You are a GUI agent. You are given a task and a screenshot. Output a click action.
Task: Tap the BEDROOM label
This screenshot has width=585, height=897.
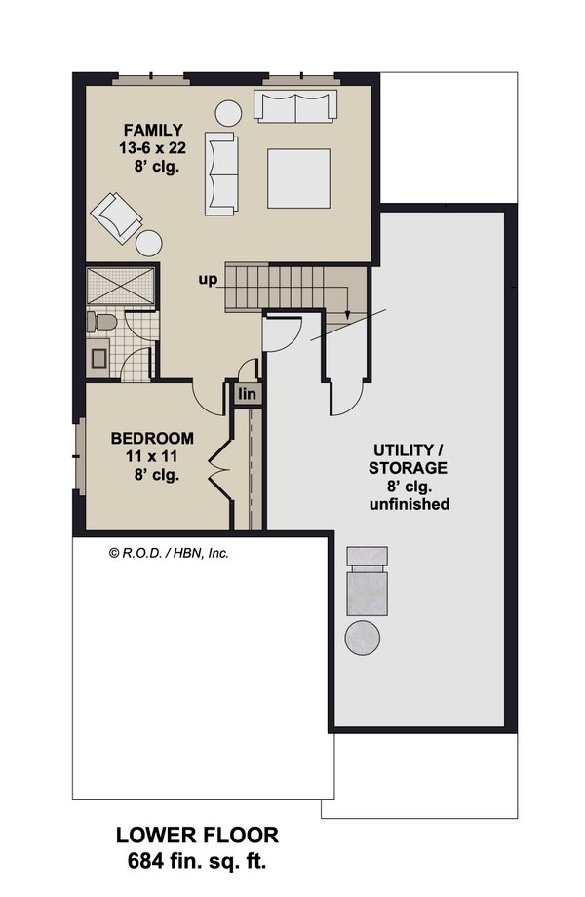pos(151,438)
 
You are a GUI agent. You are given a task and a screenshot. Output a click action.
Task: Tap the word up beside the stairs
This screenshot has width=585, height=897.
pos(208,280)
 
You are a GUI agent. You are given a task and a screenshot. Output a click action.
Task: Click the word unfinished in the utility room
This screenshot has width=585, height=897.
pos(409,504)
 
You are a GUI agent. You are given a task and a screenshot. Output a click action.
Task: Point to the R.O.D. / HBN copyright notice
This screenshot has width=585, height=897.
pos(169,552)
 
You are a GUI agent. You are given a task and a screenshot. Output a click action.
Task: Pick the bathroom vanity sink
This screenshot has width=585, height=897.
pos(100,358)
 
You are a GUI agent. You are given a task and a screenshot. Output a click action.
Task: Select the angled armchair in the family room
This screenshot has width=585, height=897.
pos(117,216)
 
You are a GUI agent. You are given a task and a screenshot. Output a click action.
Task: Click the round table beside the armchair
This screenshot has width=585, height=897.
pos(149,243)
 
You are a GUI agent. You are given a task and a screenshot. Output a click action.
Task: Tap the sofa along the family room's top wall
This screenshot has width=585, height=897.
pos(295,106)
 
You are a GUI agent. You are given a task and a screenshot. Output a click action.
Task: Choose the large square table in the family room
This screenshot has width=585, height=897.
pos(298,177)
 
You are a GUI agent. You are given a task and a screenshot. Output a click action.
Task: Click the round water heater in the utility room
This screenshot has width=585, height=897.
pos(365,640)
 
